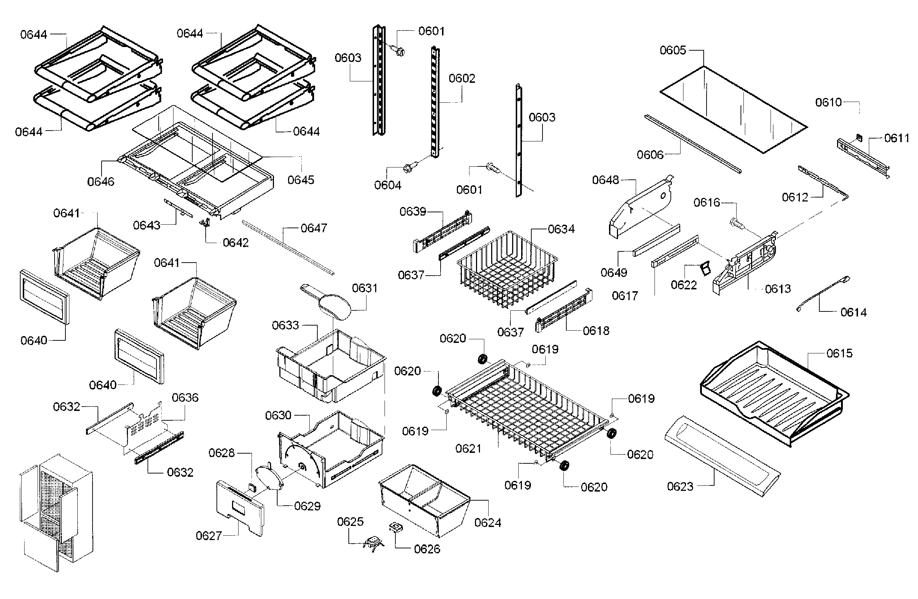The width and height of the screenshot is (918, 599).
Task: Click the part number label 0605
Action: tap(673, 50)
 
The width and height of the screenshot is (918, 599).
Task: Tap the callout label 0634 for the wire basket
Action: tap(561, 229)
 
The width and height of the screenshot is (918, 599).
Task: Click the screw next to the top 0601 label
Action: tap(398, 50)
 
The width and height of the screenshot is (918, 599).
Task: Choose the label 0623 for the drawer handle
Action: tap(680, 486)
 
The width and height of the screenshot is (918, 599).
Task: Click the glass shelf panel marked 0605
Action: tap(733, 110)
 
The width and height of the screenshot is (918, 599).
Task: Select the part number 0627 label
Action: tap(209, 536)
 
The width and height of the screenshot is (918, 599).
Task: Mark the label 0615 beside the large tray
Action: tap(839, 353)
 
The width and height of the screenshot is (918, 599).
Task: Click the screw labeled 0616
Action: tap(735, 222)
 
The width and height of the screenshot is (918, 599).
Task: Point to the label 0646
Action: tap(101, 181)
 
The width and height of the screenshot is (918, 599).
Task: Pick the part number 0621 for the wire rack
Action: tap(468, 449)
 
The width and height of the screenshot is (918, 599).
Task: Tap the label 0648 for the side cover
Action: tap(606, 180)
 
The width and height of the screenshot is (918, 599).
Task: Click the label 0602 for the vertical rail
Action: tap(462, 78)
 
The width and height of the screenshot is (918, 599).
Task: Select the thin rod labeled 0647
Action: tap(287, 247)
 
